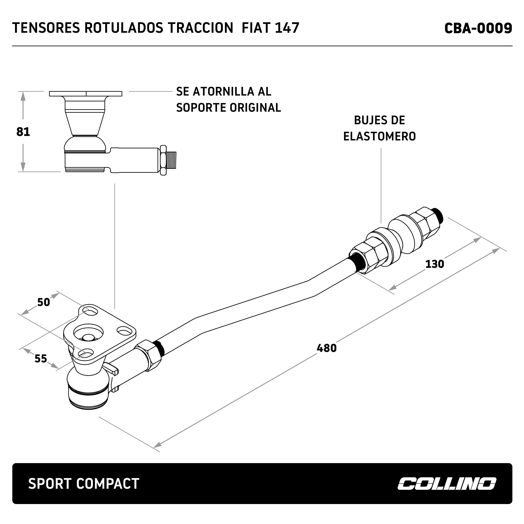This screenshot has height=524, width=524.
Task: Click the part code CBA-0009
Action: [478, 28]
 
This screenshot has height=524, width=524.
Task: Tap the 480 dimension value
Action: [327, 348]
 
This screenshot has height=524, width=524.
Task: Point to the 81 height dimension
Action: [23, 132]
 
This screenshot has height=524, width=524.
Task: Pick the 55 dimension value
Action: [41, 359]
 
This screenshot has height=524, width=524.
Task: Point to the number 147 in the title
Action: [287, 28]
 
